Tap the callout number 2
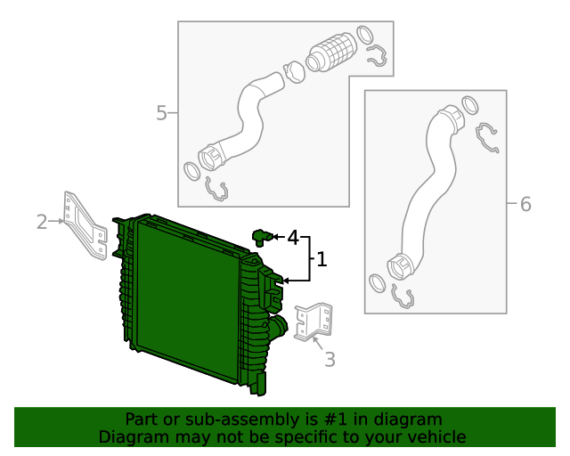coord(42,221)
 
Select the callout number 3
coord(330,360)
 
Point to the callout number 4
coord(291,237)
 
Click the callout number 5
coord(161,113)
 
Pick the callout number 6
coord(525,205)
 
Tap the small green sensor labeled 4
coord(261,236)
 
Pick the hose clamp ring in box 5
coord(293,69)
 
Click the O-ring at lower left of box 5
coord(191,170)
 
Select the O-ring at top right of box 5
coord(365,35)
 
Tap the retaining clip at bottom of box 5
coord(216,188)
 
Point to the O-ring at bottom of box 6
coord(377,283)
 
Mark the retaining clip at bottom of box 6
coord(403,297)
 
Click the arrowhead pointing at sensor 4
coord(276,237)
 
